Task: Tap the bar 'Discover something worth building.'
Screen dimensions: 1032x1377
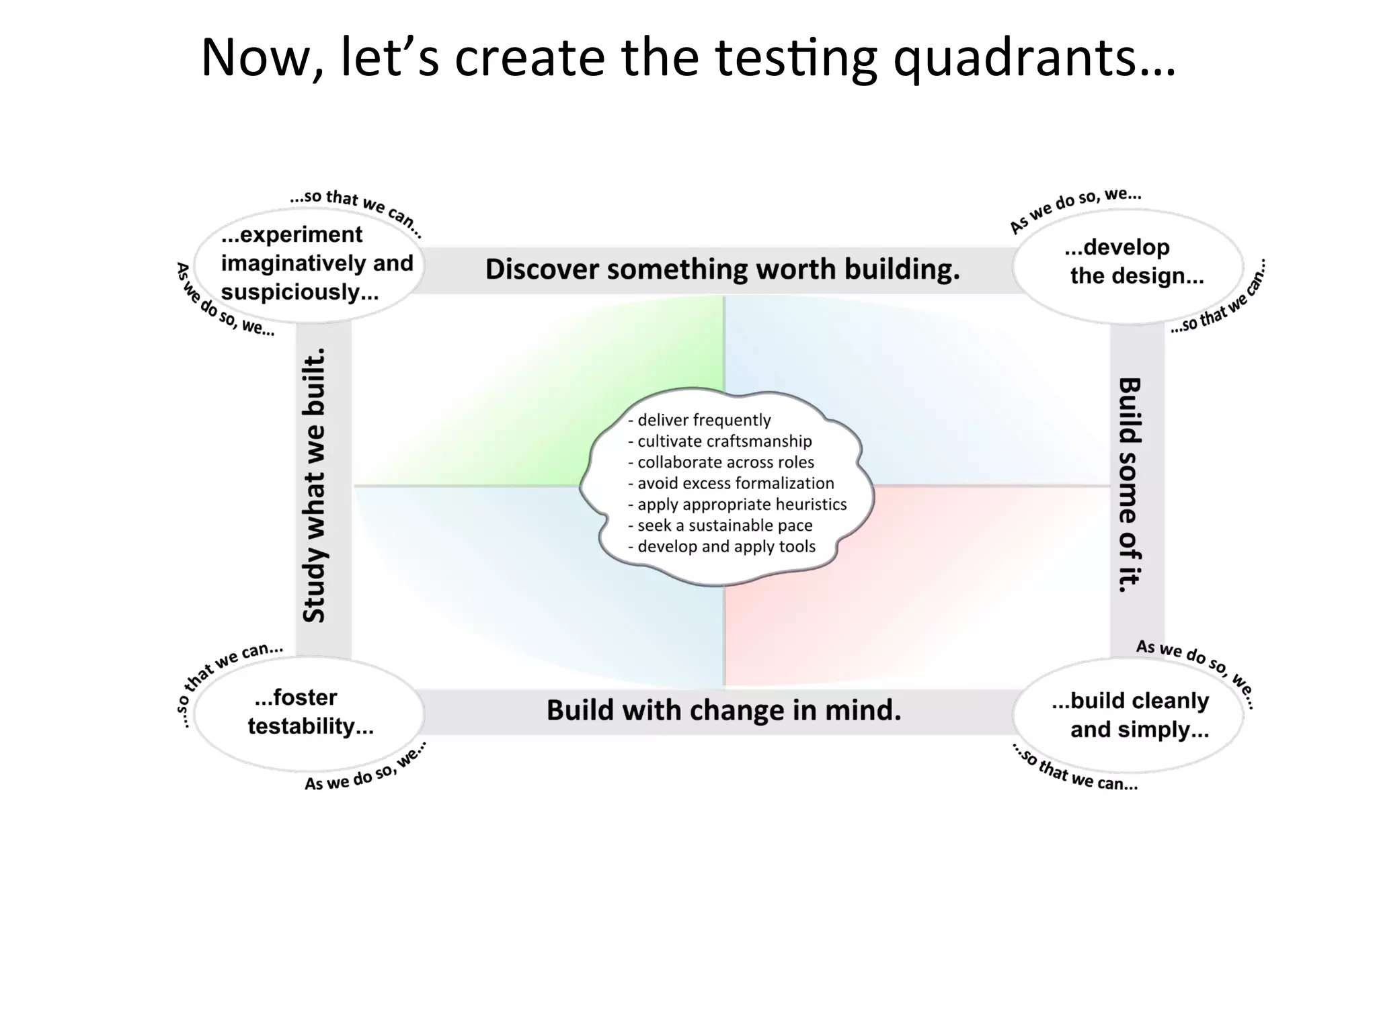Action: pos(723,269)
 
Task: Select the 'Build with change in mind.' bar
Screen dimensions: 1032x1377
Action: pos(723,711)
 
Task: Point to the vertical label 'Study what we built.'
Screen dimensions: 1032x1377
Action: pos(314,485)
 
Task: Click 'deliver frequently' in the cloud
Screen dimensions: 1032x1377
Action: pos(703,420)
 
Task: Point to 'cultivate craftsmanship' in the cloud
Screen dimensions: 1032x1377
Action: pos(723,441)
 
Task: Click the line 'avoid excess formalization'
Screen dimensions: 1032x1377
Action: pos(735,483)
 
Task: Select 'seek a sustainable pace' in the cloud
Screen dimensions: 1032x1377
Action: pos(724,525)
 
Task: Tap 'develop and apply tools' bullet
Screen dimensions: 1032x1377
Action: pos(725,546)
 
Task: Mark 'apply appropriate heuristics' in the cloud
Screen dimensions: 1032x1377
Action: pos(741,505)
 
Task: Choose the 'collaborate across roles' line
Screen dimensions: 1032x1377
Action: pos(725,462)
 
